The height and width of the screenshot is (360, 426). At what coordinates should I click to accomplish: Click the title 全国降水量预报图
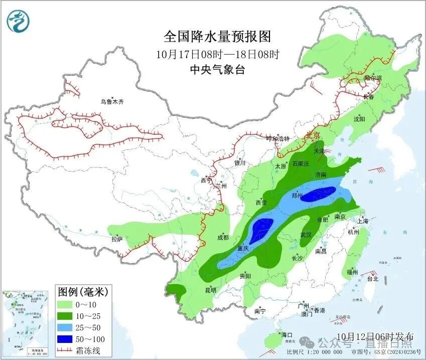click(x=217, y=37)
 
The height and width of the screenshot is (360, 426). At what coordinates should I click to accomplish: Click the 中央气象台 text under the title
click(x=217, y=70)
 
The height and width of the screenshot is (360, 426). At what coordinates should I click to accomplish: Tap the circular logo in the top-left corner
click(x=19, y=21)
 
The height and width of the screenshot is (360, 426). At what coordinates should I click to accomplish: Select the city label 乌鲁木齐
click(x=111, y=102)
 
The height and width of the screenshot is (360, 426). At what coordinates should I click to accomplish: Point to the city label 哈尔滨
click(x=373, y=78)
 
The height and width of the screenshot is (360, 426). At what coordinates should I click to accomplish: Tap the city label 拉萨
click(x=117, y=239)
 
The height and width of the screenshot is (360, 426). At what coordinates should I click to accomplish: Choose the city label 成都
click(x=223, y=238)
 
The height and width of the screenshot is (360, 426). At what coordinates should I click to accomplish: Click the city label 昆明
click(x=210, y=290)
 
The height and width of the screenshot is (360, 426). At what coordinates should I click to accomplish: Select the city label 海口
click(x=287, y=334)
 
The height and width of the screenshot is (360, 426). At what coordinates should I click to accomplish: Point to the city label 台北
click(x=372, y=279)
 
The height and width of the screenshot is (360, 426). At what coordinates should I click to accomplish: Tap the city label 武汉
click(x=306, y=235)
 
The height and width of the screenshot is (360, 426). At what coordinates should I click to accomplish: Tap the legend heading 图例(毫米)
click(x=83, y=291)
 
